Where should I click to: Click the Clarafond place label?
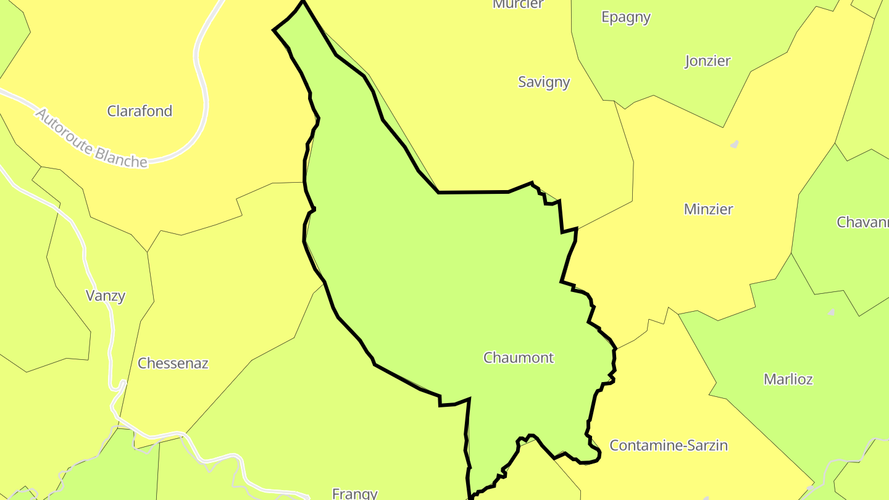140,111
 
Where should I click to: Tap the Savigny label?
544,82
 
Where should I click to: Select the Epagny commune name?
626,17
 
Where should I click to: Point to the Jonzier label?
707,61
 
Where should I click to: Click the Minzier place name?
708,209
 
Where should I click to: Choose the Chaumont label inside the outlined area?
519,357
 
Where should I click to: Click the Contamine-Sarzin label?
669,445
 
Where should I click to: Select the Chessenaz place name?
173,363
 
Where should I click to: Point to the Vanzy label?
106,296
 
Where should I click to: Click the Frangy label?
354,493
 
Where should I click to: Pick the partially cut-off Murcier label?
518,4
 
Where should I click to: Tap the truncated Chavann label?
862,222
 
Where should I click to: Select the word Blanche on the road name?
122,156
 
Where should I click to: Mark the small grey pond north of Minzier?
735,144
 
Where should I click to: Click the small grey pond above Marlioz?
831,312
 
